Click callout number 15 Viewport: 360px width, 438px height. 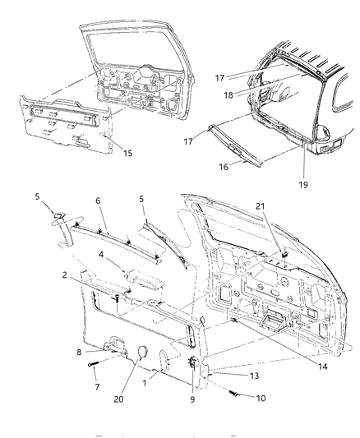pos(127,154)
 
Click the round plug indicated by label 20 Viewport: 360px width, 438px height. pos(141,352)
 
